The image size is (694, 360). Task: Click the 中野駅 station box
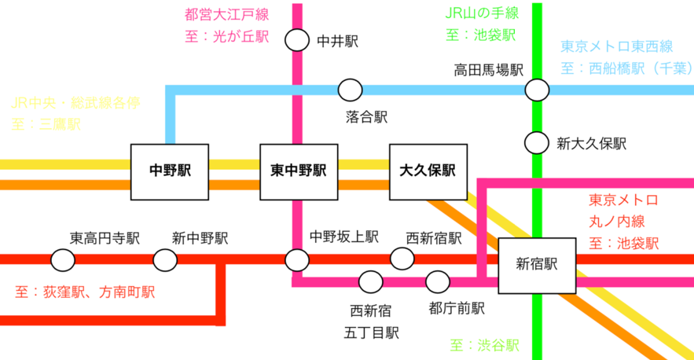(170, 172)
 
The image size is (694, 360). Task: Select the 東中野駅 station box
(299, 172)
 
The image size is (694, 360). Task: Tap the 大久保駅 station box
(428, 172)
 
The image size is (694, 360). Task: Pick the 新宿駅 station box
(537, 266)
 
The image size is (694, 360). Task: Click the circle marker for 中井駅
(297, 40)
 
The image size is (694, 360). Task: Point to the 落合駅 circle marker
(350, 90)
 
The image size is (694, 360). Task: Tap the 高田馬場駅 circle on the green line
(537, 90)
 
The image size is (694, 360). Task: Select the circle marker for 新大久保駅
(537, 143)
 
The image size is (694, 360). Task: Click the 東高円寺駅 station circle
(63, 260)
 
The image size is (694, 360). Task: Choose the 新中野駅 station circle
(165, 260)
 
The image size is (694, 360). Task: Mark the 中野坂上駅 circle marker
(297, 260)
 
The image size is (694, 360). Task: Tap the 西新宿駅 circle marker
(402, 259)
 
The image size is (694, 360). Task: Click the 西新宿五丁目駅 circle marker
(371, 281)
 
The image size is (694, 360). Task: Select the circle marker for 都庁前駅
(438, 281)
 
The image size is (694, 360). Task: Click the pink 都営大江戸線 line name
(226, 15)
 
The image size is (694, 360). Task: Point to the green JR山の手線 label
(482, 13)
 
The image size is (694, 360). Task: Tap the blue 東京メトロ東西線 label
(616, 46)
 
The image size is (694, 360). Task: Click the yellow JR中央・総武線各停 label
(75, 103)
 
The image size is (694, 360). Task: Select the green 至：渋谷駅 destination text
(485, 345)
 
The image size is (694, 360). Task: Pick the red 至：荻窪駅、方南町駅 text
(85, 292)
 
